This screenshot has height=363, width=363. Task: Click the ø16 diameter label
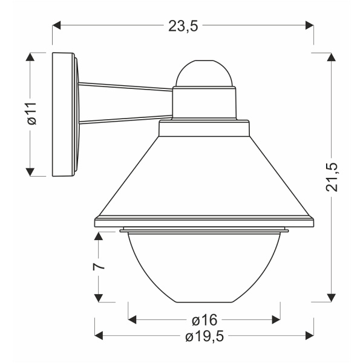(204, 319)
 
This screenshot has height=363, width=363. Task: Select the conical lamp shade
(203, 175)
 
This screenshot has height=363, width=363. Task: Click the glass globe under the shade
(204, 266)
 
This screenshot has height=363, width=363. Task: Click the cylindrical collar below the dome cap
(204, 101)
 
